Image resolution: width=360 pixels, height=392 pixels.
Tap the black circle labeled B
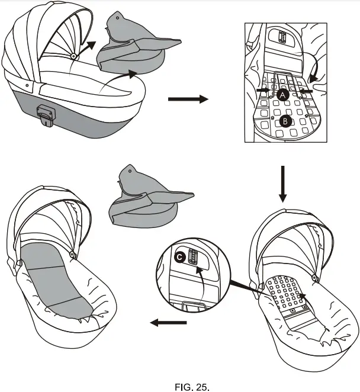pos(286,121)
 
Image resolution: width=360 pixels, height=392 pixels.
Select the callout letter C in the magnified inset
pos(180,257)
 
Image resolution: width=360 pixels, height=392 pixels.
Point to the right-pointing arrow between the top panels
pos(188,99)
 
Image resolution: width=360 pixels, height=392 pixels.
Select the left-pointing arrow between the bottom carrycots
pos(168,323)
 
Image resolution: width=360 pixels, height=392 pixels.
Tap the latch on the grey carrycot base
pos(45,114)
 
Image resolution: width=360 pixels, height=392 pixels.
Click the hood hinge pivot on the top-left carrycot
pos(73,56)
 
